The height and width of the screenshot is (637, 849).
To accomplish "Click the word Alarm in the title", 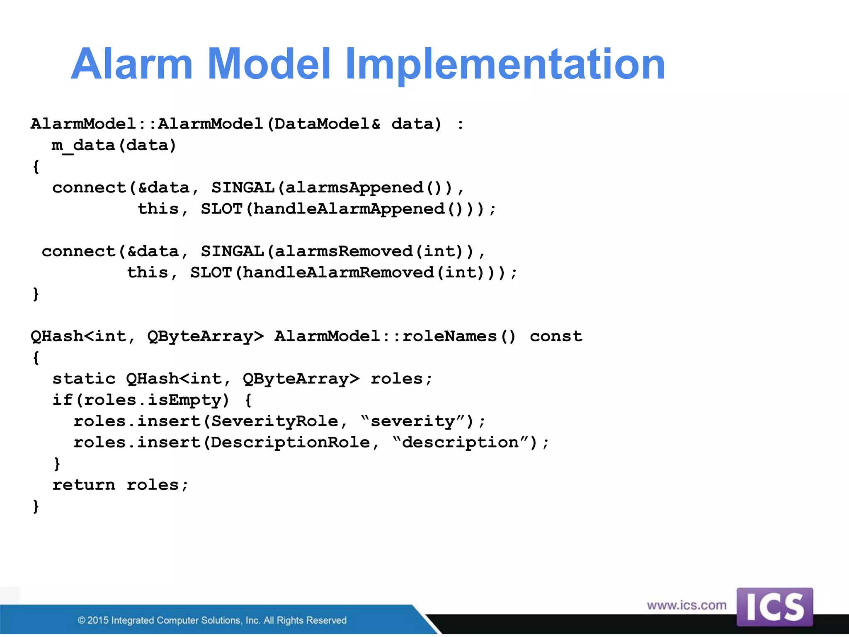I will coord(132,64).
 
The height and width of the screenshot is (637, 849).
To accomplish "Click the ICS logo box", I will coord(774,607).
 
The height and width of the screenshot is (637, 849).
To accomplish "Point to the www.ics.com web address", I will coord(686,605).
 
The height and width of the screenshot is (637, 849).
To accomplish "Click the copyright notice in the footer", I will coord(212,620).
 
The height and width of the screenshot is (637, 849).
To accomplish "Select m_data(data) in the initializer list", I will coord(114,145).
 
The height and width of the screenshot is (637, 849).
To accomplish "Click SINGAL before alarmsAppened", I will coord(243,187).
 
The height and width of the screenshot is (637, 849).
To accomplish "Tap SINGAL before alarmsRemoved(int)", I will coord(232,251).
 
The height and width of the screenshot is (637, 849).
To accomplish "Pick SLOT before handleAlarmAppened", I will coord(221,209).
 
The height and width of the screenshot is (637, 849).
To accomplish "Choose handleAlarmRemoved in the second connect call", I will coord(338,272).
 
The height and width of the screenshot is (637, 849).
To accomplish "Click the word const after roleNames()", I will coord(556,336).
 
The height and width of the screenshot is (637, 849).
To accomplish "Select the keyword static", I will coord(84,379).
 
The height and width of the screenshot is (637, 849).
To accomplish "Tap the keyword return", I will coord(84,485).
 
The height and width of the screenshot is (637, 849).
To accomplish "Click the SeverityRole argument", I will coord(274,421).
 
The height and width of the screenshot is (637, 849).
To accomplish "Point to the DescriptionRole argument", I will coord(290,442).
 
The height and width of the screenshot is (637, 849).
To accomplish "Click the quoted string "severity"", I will coord(412,421).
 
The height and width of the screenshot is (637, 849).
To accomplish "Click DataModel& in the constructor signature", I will coord(327,124).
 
